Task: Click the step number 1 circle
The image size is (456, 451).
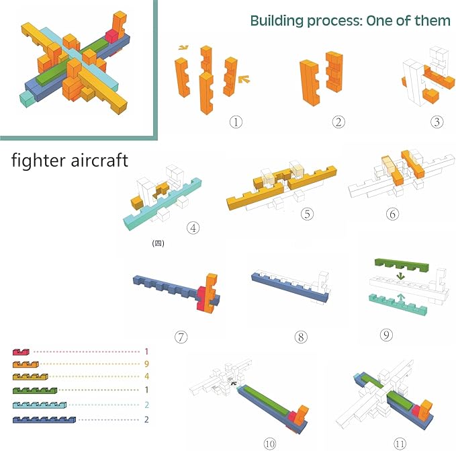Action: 235,122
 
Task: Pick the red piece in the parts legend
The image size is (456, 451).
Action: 21,352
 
